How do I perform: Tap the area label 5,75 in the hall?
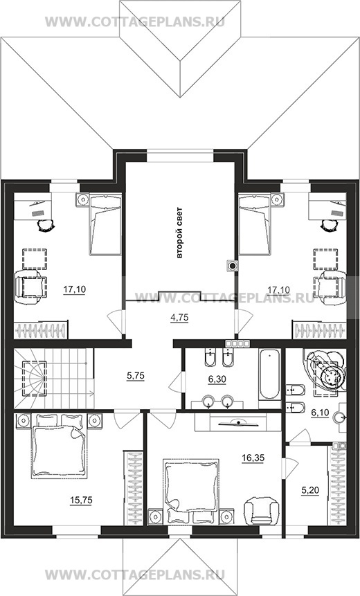click(135, 376)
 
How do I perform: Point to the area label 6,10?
click(320, 413)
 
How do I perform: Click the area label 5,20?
click(310, 491)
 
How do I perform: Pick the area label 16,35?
click(253, 458)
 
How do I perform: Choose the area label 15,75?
click(81, 500)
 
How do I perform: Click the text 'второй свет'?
click(179, 233)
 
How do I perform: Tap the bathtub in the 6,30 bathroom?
click(269, 374)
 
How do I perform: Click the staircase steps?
click(53, 379)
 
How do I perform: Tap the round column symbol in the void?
click(232, 265)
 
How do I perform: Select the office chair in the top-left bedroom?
click(46, 226)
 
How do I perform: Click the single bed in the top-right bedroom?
click(255, 225)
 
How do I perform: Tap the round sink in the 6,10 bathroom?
click(339, 417)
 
